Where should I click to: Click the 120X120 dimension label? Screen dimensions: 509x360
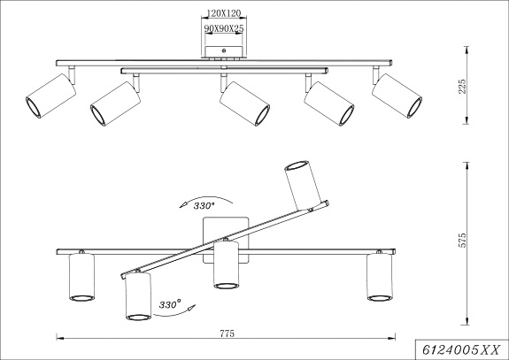pos(224,13)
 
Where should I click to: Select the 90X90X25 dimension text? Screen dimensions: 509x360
pos(224,28)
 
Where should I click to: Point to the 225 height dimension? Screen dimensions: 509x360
pos(461,87)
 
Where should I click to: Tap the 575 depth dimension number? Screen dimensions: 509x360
pos(461,240)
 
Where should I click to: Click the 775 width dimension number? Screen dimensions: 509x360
pos(227,333)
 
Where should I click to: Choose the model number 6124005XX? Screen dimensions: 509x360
pos(460,350)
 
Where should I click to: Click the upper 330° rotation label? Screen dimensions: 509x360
pos(204,205)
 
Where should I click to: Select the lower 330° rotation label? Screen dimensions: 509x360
pos(170,305)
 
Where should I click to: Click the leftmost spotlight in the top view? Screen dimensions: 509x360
pos(51,96)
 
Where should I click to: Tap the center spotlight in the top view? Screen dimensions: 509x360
pos(244,103)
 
